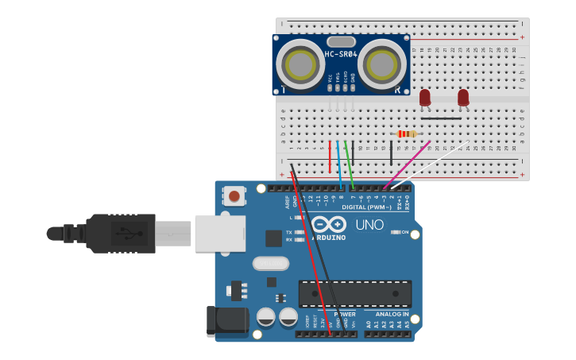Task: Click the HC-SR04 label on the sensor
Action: pos(341,54)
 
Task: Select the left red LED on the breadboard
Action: pos(425,97)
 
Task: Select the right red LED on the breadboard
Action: pos(463,97)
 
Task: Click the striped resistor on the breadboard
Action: pos(406,134)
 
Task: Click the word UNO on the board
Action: pos(369,225)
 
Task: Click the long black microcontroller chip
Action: pos(355,293)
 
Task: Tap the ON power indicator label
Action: pos(404,232)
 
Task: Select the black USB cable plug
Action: pos(119,233)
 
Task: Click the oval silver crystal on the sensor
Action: pos(340,41)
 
